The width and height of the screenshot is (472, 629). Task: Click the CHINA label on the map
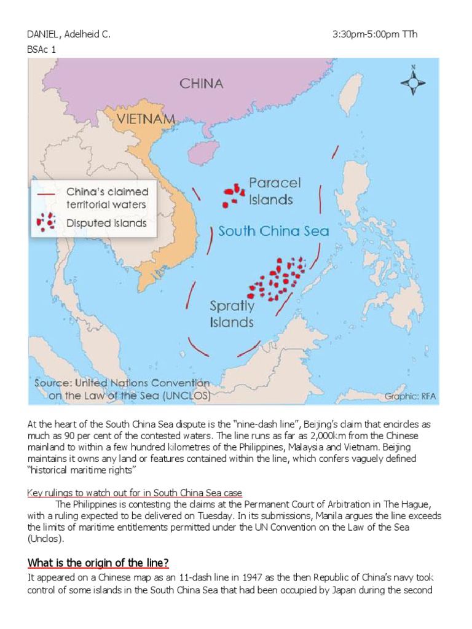[201, 84]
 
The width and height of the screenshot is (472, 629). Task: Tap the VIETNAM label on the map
[142, 119]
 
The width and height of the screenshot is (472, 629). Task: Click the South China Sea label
[273, 232]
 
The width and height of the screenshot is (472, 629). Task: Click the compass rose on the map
[413, 81]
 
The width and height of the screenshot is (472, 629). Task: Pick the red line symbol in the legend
[47, 192]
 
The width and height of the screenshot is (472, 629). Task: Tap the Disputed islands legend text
[106, 223]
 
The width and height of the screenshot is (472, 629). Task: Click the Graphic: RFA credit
[410, 396]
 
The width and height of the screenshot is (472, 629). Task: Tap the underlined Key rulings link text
[135, 493]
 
